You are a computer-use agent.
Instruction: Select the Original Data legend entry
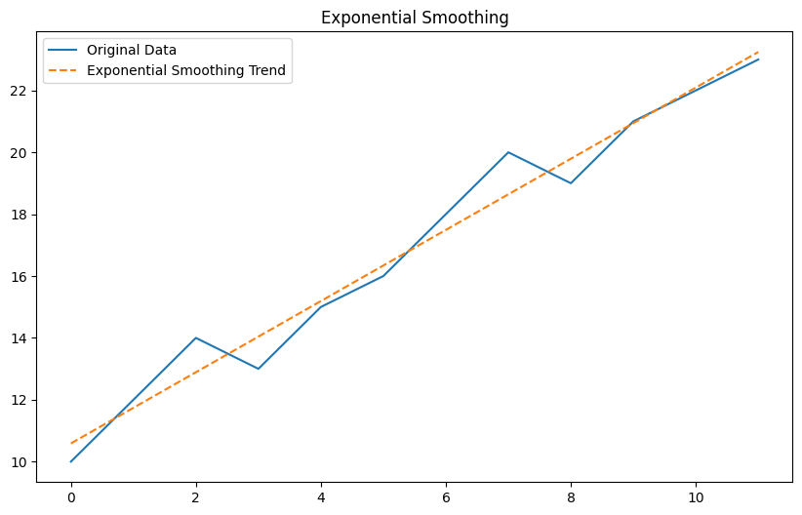click(132, 50)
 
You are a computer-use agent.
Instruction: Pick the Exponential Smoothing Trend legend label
click(187, 70)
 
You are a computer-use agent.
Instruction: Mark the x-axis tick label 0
click(71, 496)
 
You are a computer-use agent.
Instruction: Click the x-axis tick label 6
click(446, 496)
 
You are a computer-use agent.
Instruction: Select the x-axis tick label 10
click(696, 496)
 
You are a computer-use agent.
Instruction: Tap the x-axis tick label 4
click(321, 496)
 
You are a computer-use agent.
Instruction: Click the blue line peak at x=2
click(196, 337)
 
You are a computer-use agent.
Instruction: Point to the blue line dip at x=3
click(259, 369)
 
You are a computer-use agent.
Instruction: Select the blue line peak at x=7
click(508, 152)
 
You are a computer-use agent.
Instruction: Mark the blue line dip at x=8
click(571, 183)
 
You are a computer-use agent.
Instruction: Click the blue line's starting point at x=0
click(71, 461)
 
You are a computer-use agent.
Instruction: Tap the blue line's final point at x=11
click(758, 59)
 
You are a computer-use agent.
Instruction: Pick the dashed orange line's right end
click(758, 52)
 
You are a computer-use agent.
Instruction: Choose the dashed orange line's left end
click(71, 443)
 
